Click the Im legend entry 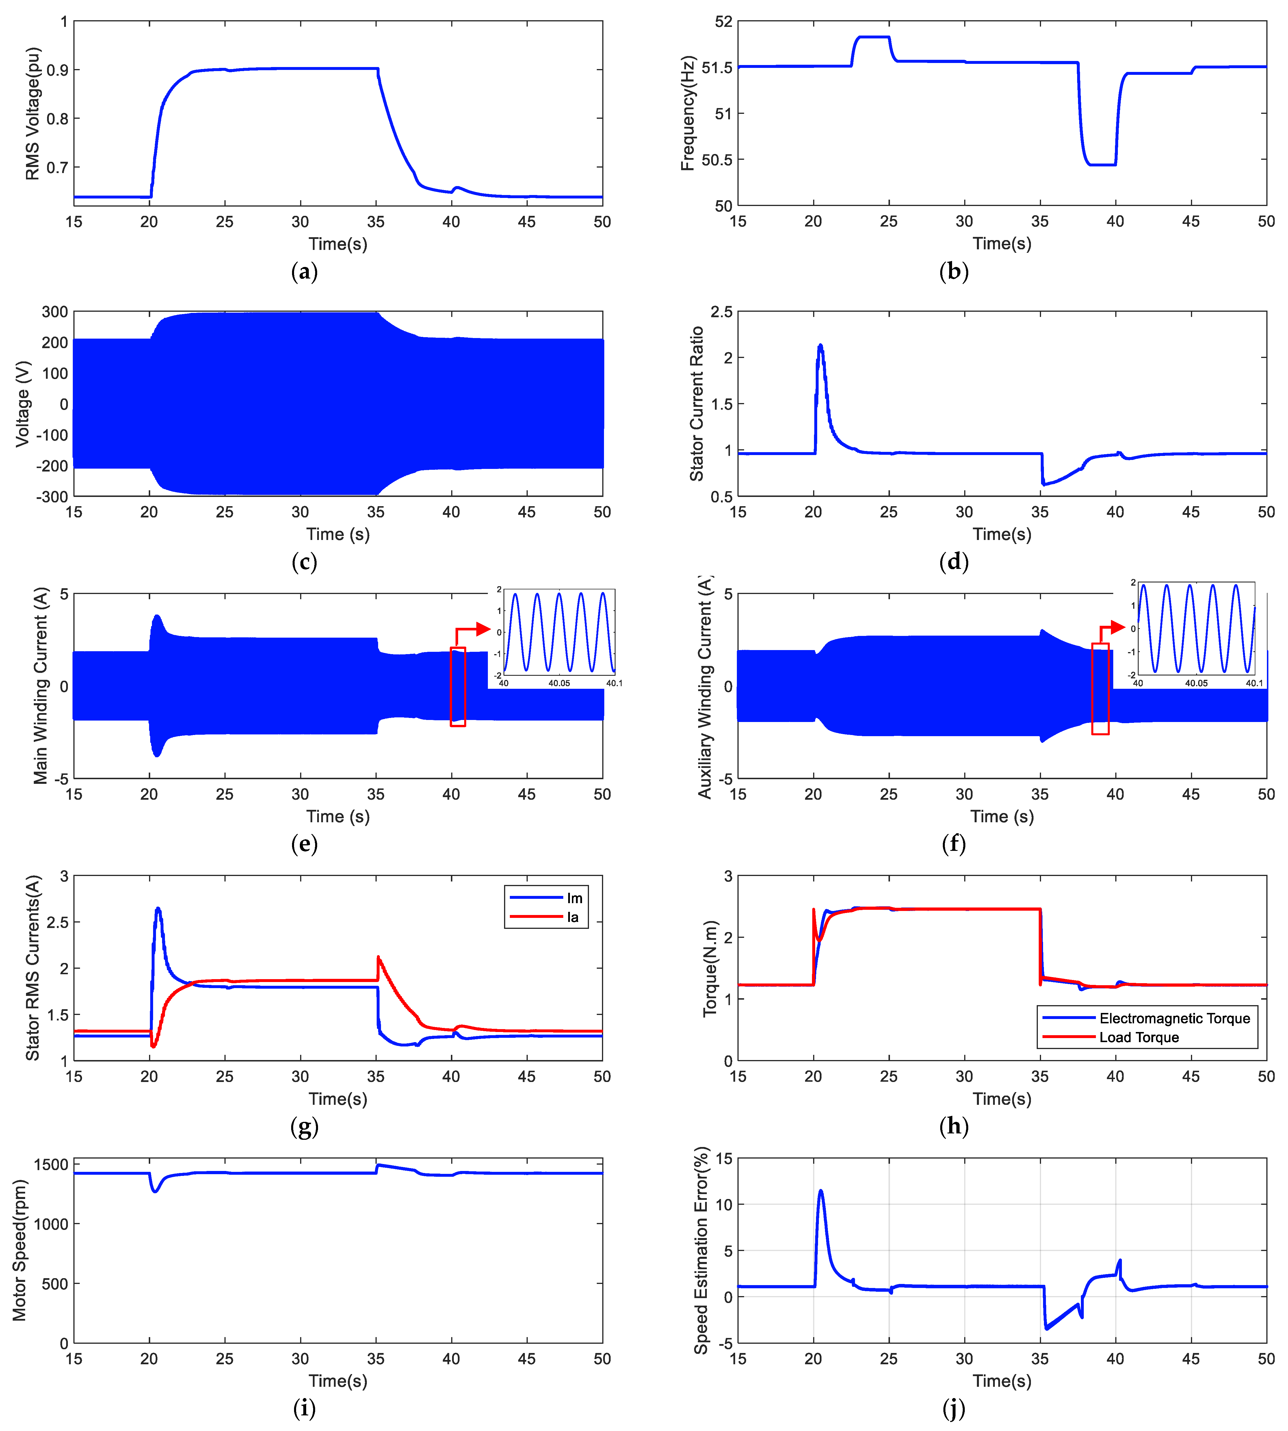[x=574, y=898]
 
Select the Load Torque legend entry [x=1139, y=1037]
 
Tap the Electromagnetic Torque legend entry [x=1174, y=1018]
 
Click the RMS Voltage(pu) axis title [x=33, y=113]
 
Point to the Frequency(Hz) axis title [x=688, y=113]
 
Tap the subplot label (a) [x=304, y=272]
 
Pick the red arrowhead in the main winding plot [x=484, y=628]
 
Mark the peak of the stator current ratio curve [x=820, y=345]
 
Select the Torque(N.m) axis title [x=710, y=968]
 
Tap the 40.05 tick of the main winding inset [x=559, y=683]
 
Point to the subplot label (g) [x=304, y=1127]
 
